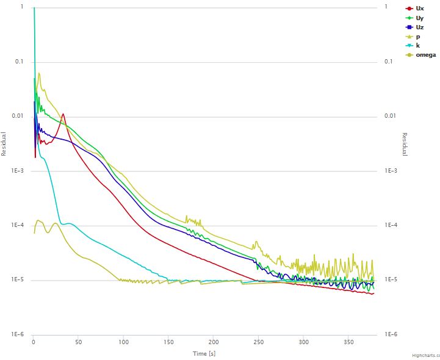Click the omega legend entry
point(425,55)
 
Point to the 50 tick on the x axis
point(78,343)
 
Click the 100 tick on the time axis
point(124,343)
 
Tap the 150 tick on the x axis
point(169,343)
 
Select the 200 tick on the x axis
point(214,343)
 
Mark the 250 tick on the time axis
point(259,343)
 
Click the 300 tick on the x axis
point(304,343)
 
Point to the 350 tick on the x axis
point(349,343)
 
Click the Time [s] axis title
point(204,353)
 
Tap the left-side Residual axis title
point(4,144)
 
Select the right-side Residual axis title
point(405,144)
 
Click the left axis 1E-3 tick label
point(15,171)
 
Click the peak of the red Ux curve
point(63,114)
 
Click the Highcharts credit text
point(426,355)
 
